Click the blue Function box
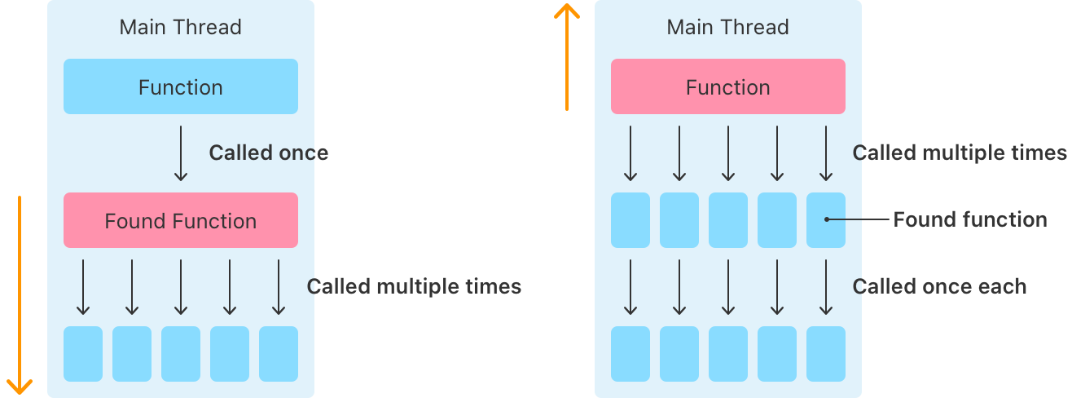click(x=180, y=86)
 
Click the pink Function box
click(x=727, y=86)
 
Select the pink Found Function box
click(x=180, y=220)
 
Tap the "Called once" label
click(x=268, y=153)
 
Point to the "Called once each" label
click(x=938, y=286)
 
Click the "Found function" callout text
click(x=969, y=219)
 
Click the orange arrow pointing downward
click(x=20, y=294)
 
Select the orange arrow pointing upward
click(x=566, y=57)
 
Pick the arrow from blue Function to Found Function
click(x=181, y=153)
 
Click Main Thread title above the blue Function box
click(x=180, y=27)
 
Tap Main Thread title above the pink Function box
click(x=727, y=27)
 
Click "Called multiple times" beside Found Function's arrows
click(x=414, y=286)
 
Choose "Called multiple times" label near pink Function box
click(x=959, y=153)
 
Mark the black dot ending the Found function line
click(x=826, y=219)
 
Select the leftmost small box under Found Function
click(x=83, y=354)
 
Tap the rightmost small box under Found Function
click(x=279, y=354)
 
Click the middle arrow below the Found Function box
click(x=181, y=287)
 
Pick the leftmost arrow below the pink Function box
click(x=630, y=153)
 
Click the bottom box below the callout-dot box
click(x=826, y=354)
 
